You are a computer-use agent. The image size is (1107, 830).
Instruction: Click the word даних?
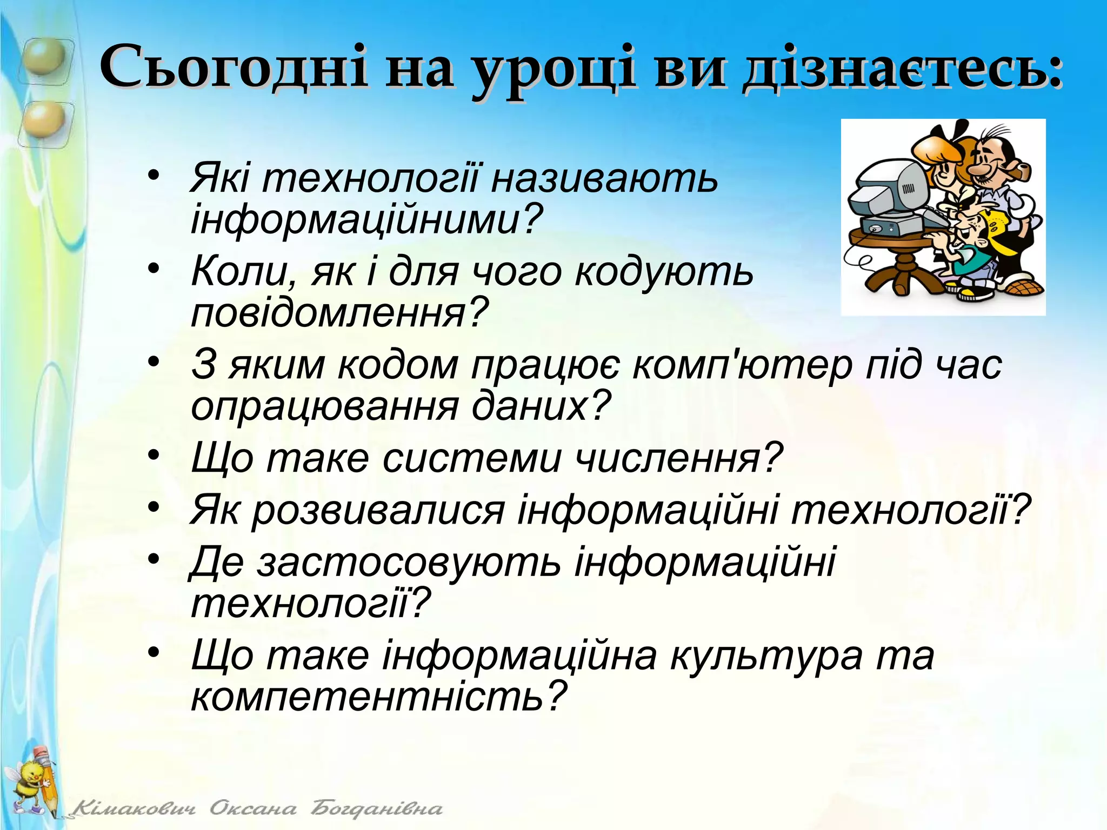pos(541,405)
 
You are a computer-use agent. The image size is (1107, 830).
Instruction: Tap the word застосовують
pos(409,562)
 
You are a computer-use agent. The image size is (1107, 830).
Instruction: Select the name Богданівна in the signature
pos(376,809)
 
